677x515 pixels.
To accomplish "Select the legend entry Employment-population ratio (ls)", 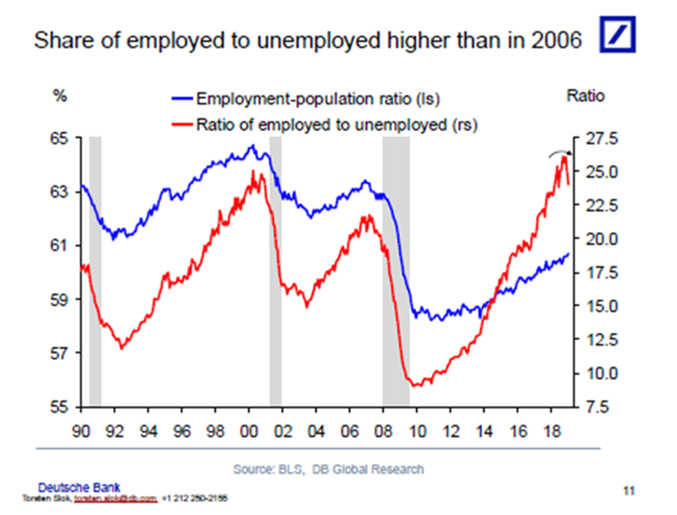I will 318,98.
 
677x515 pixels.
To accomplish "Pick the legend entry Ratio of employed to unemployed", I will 336,124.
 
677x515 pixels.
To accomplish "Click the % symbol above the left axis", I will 60,97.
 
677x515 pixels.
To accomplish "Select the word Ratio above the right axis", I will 585,96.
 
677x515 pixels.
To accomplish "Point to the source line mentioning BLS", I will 328,468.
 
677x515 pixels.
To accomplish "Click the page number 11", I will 628,490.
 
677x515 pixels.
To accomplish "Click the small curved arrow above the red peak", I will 559,152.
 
